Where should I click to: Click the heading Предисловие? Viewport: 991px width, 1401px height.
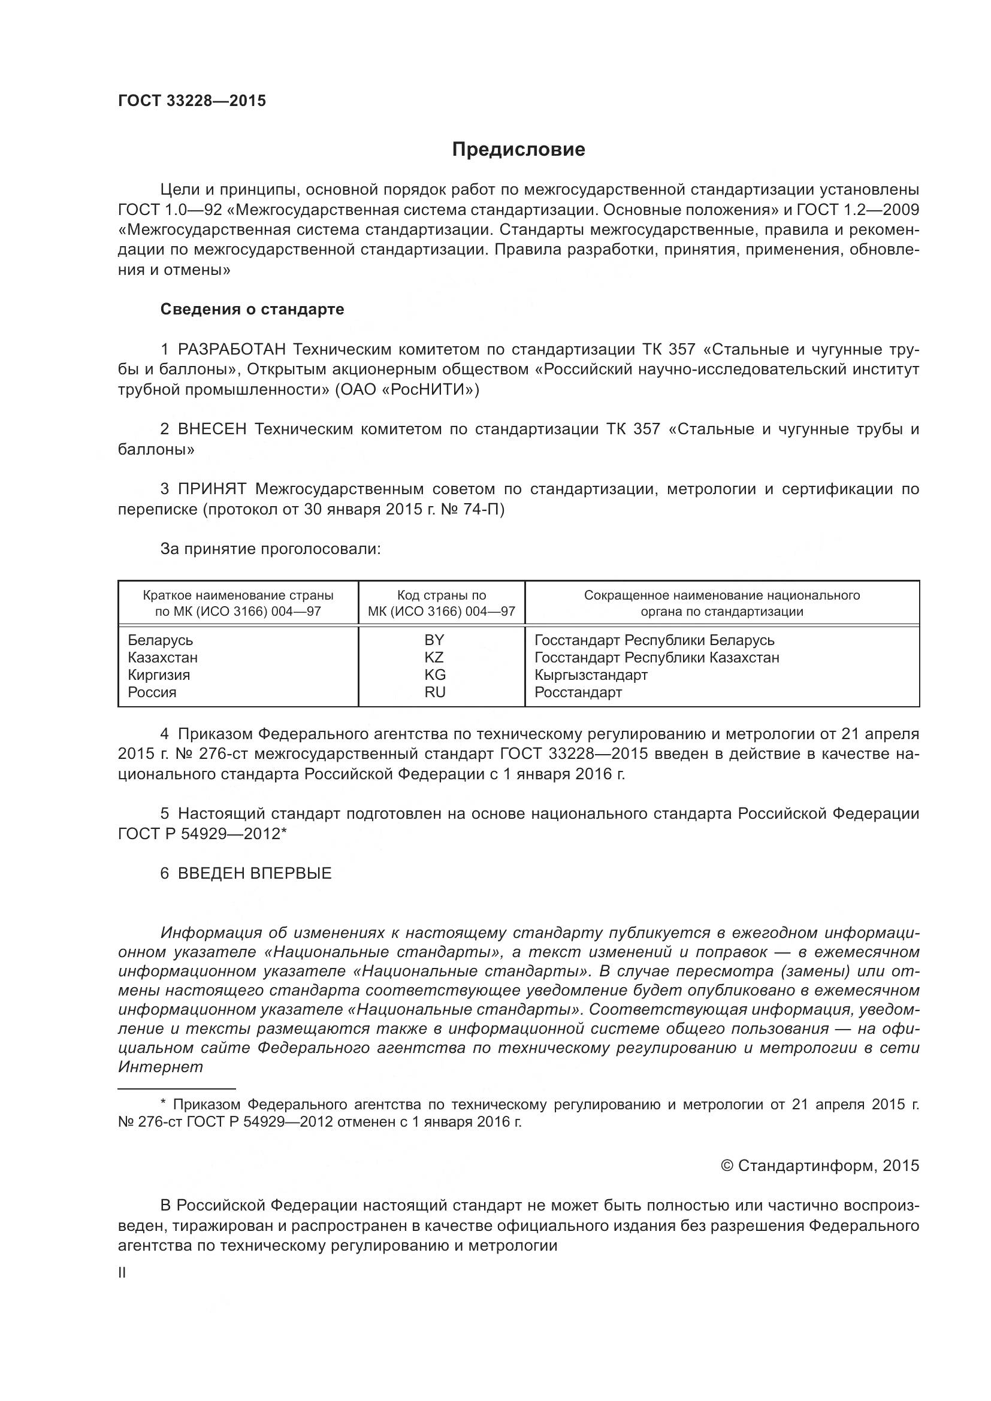click(518, 150)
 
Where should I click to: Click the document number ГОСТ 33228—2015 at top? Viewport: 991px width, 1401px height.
click(192, 101)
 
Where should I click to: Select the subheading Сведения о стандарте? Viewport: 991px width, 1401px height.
click(252, 309)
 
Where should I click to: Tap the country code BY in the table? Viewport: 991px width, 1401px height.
click(434, 640)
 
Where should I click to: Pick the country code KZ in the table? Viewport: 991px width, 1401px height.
click(434, 657)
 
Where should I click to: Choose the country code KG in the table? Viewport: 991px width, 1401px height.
click(435, 675)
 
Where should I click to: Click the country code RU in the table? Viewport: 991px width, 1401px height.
click(435, 692)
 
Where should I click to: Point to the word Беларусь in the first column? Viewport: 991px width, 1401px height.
click(161, 640)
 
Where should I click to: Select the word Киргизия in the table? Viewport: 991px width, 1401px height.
click(159, 675)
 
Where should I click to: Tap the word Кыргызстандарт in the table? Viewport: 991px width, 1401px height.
click(591, 675)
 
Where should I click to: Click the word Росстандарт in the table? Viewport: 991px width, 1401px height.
click(578, 692)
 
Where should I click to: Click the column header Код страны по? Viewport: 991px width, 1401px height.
click(442, 595)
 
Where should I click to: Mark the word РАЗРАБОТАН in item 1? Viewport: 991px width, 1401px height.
click(231, 350)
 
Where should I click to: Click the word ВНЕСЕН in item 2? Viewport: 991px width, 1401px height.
click(212, 429)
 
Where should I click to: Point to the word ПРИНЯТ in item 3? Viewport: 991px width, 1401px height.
click(212, 489)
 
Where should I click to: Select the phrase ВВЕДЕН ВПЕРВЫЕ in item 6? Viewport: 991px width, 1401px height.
click(255, 873)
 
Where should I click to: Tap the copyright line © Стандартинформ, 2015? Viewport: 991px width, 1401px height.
click(820, 1166)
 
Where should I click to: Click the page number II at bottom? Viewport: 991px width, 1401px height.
click(122, 1273)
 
